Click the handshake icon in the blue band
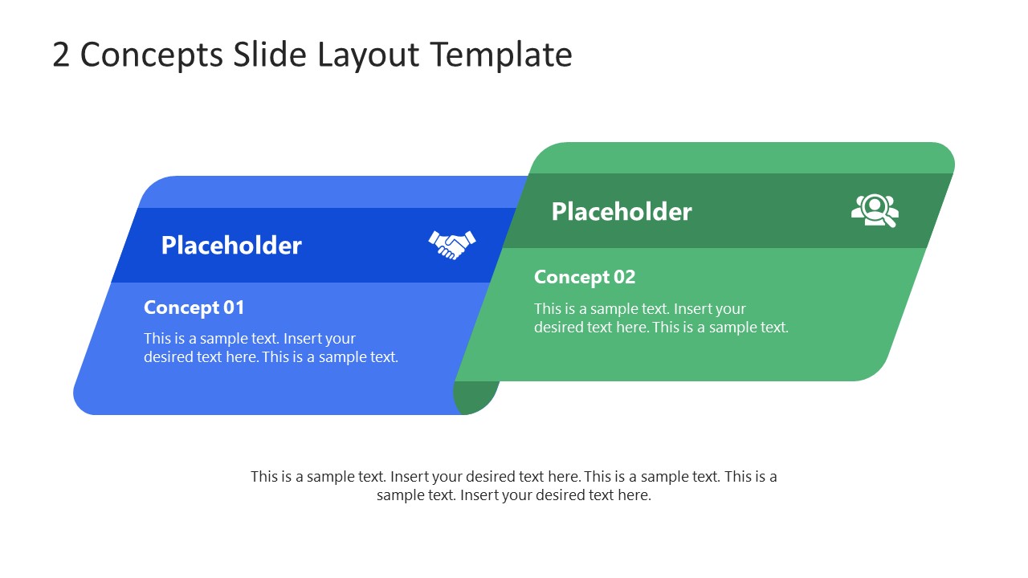(x=452, y=244)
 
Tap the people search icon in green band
(x=875, y=210)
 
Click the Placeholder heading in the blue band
(x=231, y=245)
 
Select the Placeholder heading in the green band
(x=621, y=211)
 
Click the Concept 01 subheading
(x=194, y=307)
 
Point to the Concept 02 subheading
(x=584, y=277)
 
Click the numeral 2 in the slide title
(x=61, y=55)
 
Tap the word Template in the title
(x=500, y=55)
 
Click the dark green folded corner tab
(x=473, y=398)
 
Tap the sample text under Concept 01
(x=271, y=348)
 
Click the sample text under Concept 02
(x=660, y=318)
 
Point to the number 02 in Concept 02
(x=624, y=277)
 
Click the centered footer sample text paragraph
(x=514, y=486)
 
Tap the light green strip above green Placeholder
(x=739, y=158)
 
